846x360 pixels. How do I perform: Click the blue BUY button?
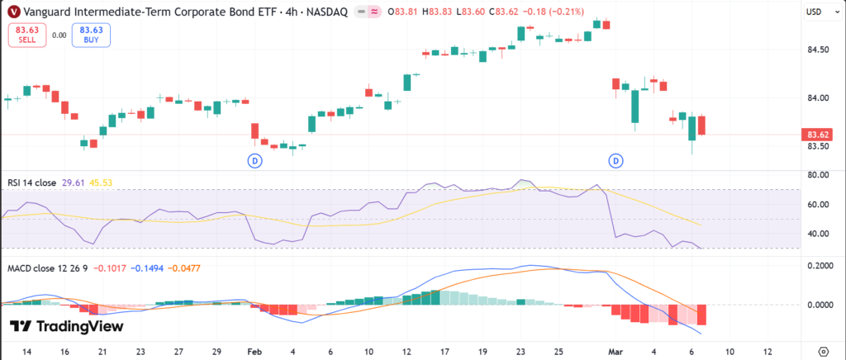click(x=90, y=35)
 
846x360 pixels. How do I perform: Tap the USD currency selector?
click(x=815, y=12)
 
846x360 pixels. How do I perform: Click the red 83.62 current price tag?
click(x=818, y=135)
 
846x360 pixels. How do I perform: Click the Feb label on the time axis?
click(x=254, y=350)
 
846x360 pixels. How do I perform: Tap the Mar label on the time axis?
click(x=615, y=350)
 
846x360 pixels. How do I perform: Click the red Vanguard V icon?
click(x=13, y=12)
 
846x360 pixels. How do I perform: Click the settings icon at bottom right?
click(x=823, y=350)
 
